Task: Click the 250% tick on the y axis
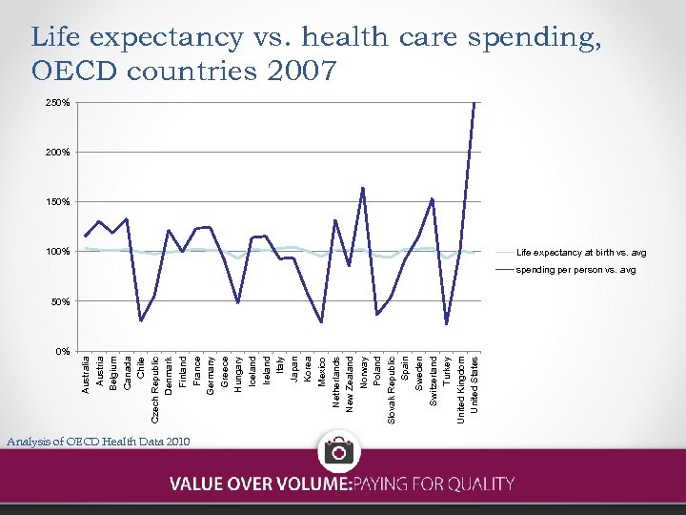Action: coord(58,102)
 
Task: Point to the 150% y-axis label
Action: coord(58,201)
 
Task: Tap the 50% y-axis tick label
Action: coord(60,301)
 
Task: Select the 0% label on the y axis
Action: coord(62,351)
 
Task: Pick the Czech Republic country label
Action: coord(154,389)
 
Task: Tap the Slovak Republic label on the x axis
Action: coord(391,389)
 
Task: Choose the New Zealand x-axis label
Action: coord(350,384)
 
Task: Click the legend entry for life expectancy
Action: coord(580,253)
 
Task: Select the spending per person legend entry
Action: coord(575,270)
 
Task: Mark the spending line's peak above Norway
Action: coord(363,188)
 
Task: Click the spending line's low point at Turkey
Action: coord(447,324)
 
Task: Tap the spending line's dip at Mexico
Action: coord(321,322)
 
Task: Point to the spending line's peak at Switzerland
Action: coord(433,198)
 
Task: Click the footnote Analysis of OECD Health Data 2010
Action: coord(97,441)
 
